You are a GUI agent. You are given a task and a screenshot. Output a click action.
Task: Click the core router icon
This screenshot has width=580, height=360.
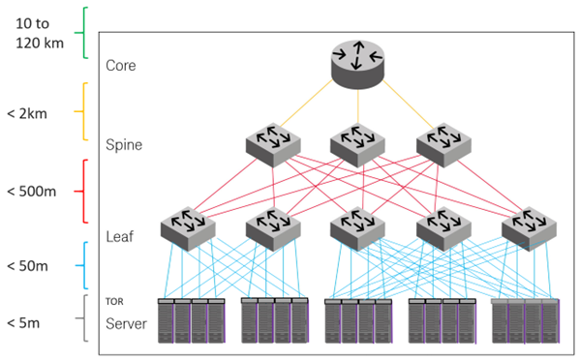pyautogui.click(x=357, y=61)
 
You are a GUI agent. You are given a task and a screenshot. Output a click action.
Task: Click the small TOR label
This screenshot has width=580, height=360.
pyautogui.click(x=116, y=302)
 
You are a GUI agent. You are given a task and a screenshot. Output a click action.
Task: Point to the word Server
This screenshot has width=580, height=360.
pyautogui.click(x=127, y=324)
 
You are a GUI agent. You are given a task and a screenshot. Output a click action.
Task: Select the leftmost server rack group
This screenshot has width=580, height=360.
pyautogui.click(x=190, y=321)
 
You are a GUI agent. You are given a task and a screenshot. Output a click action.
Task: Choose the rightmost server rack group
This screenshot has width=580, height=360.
pyautogui.click(x=527, y=321)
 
